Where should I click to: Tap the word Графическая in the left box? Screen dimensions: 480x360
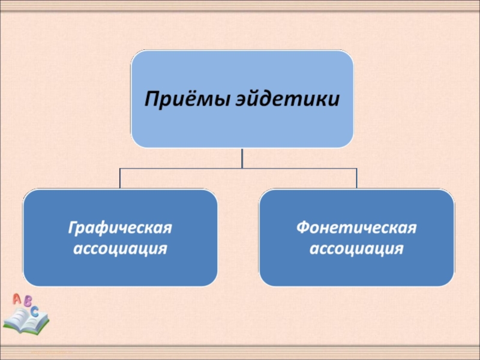pos(120,229)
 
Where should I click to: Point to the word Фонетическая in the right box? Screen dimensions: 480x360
pos(356,229)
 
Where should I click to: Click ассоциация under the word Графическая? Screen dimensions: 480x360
pos(120,247)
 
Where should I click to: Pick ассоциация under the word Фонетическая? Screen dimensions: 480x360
pos(356,247)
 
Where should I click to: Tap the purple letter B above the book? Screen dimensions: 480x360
pos(28,303)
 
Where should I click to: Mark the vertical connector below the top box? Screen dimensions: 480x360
pos(242,158)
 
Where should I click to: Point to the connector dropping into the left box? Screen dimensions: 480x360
pos(120,178)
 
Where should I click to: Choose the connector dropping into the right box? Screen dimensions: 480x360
pos(357,178)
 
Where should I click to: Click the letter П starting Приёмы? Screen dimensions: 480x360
pos(149,97)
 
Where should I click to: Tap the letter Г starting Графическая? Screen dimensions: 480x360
pos(72,229)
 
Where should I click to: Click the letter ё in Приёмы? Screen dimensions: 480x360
pos(184,97)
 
